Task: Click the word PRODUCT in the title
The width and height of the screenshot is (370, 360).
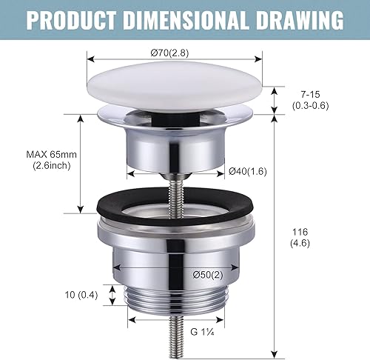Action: click(71, 20)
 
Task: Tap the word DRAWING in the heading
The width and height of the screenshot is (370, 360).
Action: click(300, 20)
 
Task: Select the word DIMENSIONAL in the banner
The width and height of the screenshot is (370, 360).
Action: click(186, 20)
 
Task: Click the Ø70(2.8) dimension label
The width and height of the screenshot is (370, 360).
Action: click(169, 53)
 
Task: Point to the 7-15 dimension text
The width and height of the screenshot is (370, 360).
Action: click(311, 94)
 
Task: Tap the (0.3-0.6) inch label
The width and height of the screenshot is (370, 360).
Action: click(311, 106)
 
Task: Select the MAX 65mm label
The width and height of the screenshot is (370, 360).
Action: click(51, 155)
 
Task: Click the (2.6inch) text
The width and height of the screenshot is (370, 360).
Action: click(52, 165)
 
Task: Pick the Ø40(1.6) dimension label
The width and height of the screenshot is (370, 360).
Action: click(248, 171)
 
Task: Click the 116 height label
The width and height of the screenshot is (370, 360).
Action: click(300, 232)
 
